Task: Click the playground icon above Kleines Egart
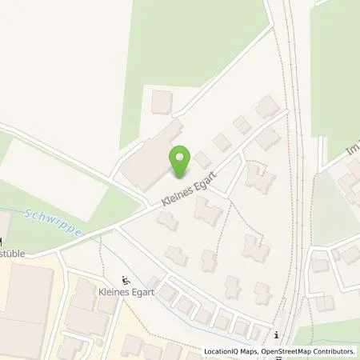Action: (x=126, y=280)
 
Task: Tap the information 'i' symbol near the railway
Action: (x=276, y=335)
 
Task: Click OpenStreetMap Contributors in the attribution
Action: (x=309, y=351)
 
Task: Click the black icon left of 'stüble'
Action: (x=2, y=242)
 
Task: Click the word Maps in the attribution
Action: (x=250, y=351)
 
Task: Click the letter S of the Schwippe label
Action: (x=28, y=214)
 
